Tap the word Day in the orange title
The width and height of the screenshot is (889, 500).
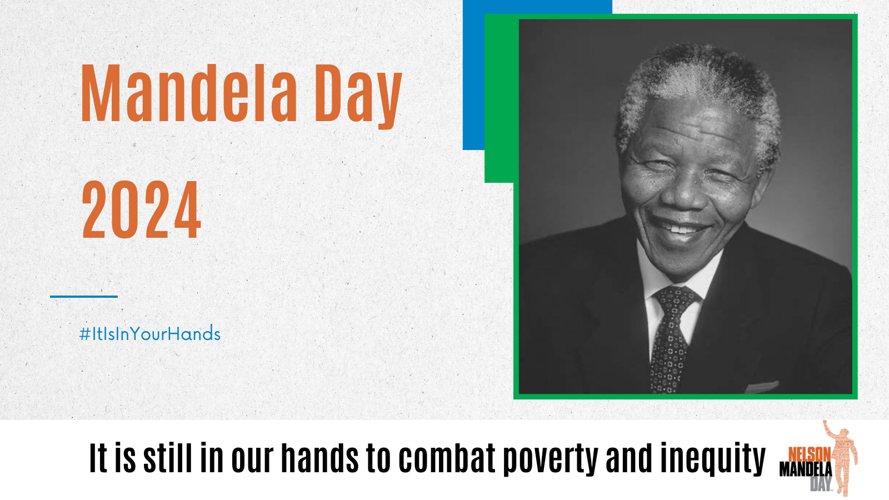click(x=358, y=96)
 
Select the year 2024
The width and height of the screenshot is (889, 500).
click(x=141, y=209)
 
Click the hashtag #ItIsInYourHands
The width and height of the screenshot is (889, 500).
click(x=149, y=333)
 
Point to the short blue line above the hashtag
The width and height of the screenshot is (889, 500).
click(x=84, y=297)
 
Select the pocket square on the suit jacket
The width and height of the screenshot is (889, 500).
click(x=762, y=387)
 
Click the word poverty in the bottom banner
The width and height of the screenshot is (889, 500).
click(x=551, y=459)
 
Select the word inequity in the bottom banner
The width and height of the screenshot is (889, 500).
click(x=713, y=459)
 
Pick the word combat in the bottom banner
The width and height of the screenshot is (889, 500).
click(x=447, y=458)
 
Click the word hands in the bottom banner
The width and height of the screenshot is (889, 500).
click(x=320, y=458)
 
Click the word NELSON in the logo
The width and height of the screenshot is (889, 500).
click(x=809, y=454)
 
